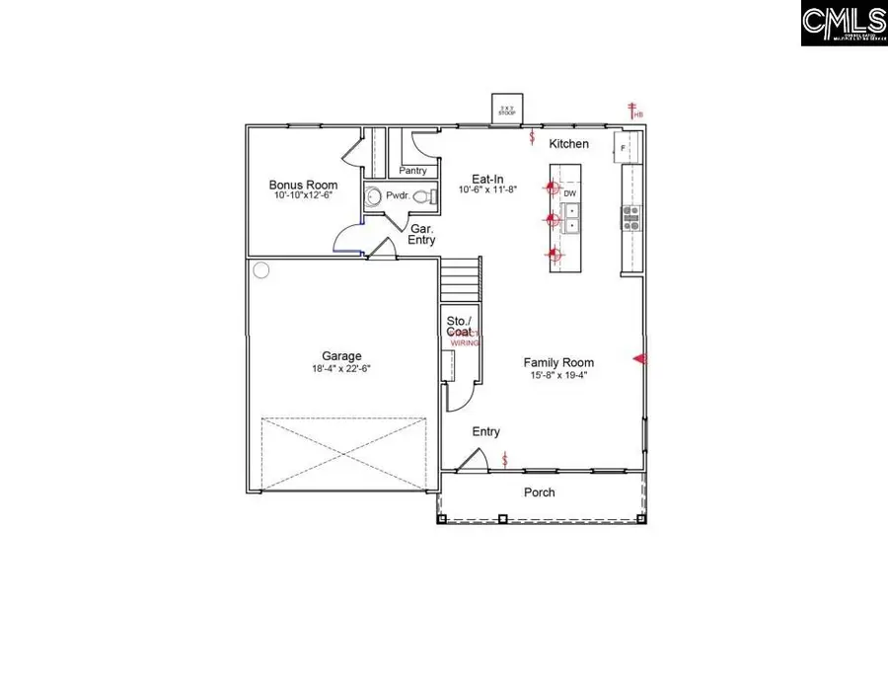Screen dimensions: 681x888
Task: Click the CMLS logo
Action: coord(843,22)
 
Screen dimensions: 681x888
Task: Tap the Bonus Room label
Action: coord(303,185)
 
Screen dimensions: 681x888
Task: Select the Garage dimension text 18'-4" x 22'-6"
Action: coord(340,368)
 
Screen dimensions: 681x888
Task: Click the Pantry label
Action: coord(412,171)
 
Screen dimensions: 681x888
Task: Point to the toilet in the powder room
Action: coord(423,197)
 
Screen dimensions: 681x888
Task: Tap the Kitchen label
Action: coord(569,144)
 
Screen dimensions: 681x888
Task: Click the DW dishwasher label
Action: coord(570,193)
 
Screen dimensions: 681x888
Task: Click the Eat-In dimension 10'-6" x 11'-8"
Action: coord(488,189)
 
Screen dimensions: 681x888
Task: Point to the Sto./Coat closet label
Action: coord(460,327)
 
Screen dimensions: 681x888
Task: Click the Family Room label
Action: coord(558,362)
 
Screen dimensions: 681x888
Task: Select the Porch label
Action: coord(540,492)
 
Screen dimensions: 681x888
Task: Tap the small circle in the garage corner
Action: coord(260,269)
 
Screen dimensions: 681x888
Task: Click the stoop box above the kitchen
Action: coord(508,111)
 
